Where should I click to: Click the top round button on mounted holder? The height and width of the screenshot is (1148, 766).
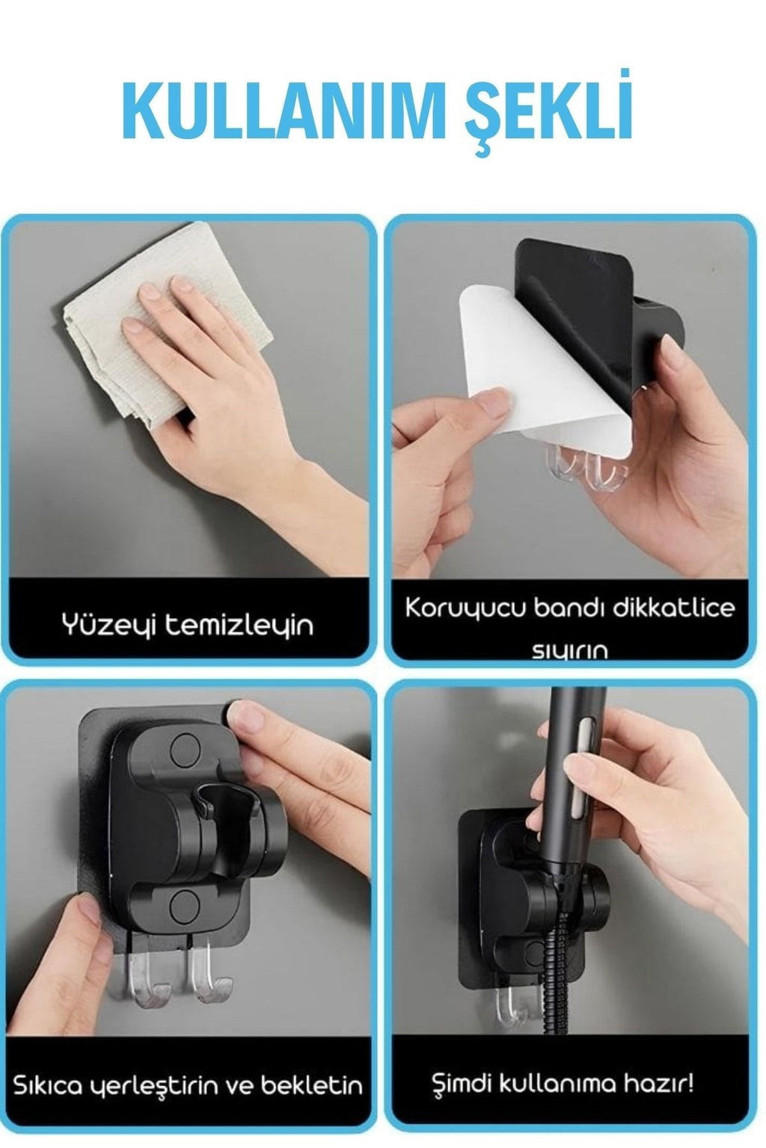(183, 747)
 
